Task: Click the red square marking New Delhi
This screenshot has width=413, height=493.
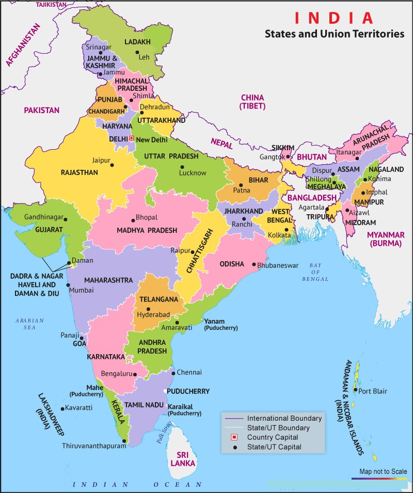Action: [x=131, y=138]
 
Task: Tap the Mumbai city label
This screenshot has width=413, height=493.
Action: [x=82, y=290]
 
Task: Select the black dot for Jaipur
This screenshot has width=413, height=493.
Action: [x=113, y=164]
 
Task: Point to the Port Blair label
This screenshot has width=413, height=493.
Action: [x=373, y=391]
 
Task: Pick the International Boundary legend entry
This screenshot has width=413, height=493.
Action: [x=284, y=418]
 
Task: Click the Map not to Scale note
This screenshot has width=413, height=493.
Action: [x=383, y=471]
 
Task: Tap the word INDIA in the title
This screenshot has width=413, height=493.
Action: [x=333, y=18]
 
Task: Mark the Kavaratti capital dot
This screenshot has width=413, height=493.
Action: [x=63, y=409]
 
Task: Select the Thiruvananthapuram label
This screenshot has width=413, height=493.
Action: [x=94, y=446]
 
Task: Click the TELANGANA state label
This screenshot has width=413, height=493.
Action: [x=158, y=299]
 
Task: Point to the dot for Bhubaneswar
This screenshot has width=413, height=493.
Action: [x=253, y=265]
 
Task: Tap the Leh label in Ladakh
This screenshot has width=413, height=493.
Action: [x=144, y=57]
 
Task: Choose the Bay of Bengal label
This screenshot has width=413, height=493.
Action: [x=316, y=272]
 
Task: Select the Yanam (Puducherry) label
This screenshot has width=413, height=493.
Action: [x=221, y=324]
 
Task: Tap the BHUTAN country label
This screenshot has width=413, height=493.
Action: [x=312, y=157]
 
